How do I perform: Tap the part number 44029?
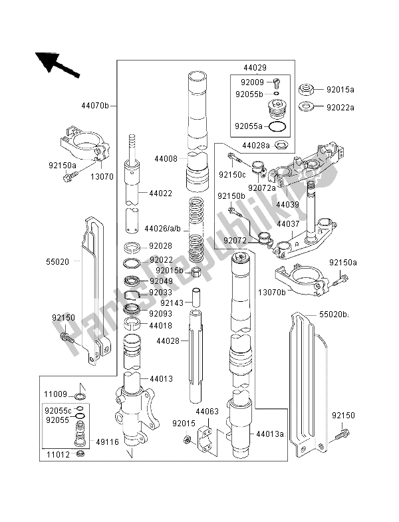point(254,68)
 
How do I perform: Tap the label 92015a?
point(341,88)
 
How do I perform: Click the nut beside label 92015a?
point(307,88)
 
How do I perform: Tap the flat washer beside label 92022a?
point(307,106)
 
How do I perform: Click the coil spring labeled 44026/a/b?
point(196,229)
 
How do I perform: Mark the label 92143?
point(172,303)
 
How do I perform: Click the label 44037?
point(288,225)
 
